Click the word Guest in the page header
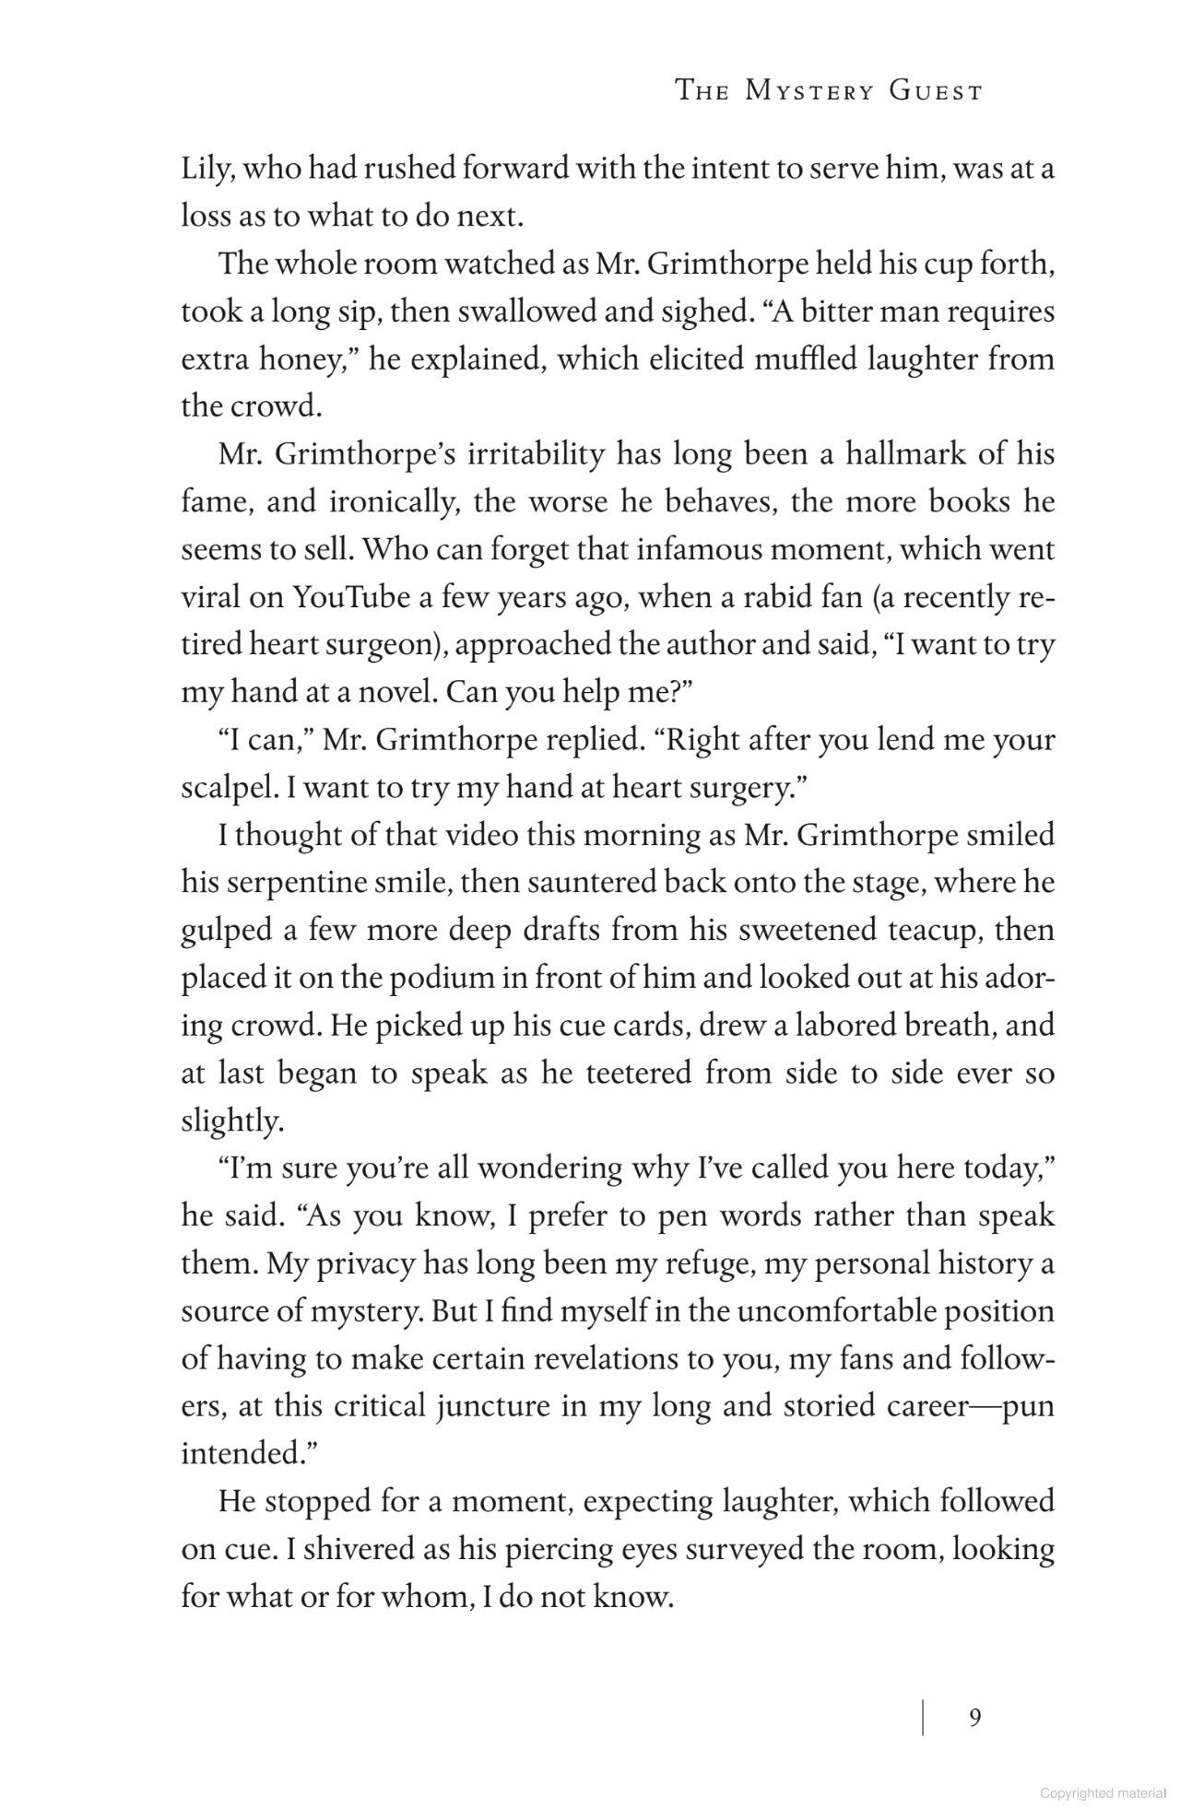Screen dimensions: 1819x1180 click(x=936, y=91)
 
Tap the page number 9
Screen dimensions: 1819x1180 click(x=975, y=1718)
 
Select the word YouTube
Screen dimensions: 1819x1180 click(x=350, y=597)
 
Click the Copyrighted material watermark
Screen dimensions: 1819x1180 click(x=1103, y=1793)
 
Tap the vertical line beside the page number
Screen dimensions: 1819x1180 click(x=923, y=1718)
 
